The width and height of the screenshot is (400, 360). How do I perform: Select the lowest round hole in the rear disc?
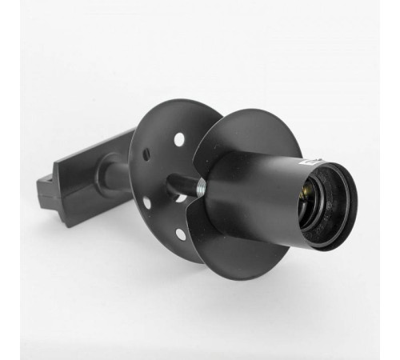point(182,234)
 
